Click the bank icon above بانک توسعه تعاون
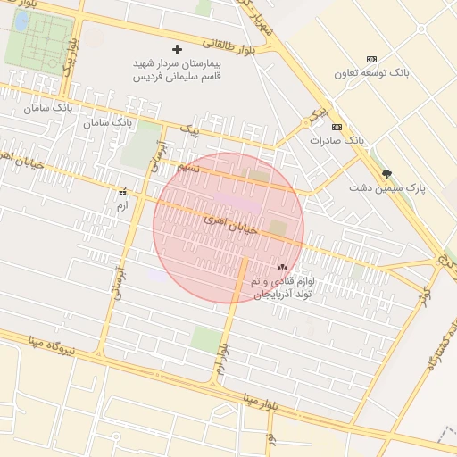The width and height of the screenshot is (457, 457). click(372, 59)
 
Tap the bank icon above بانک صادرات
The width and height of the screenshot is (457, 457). click(337, 127)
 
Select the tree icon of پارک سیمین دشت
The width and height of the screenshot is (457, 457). click(386, 174)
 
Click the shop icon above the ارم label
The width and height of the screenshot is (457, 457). click(122, 192)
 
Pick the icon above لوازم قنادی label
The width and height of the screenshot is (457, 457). click(282, 267)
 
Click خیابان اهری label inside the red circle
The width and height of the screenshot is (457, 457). click(229, 223)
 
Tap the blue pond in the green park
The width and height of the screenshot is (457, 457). click(19, 26)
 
